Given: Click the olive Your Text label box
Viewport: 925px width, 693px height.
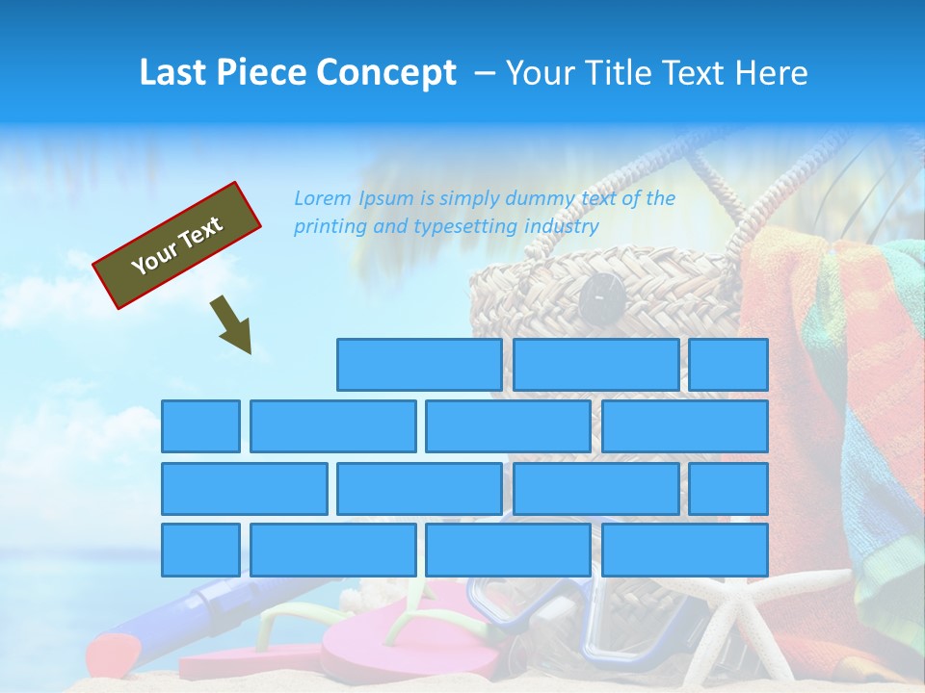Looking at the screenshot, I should point(177,245).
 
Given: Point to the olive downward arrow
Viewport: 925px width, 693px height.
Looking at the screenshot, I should point(231,325).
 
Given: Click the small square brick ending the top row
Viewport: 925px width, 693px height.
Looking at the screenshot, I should point(728,365).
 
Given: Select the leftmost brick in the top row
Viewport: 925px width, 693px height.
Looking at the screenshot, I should point(419,365).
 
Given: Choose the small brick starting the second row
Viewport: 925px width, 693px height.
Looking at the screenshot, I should point(200,426).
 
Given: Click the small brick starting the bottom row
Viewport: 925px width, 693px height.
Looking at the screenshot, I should point(200,550).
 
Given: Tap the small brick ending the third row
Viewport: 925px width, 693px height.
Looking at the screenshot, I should point(728,488).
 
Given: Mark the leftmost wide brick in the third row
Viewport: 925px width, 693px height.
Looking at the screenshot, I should point(244,488).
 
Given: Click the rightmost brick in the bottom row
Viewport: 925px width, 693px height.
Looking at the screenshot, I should point(685,550).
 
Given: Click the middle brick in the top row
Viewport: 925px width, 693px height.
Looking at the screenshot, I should point(596,365).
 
